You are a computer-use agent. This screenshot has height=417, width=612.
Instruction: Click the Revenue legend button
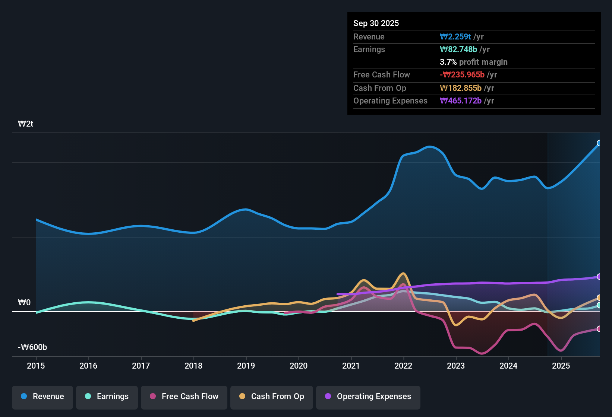[x=42, y=397]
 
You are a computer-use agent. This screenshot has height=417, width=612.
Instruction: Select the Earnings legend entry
[x=107, y=397]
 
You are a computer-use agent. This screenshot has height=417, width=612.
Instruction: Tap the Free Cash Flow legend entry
[x=184, y=397]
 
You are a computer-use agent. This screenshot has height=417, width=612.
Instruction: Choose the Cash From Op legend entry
[x=272, y=397]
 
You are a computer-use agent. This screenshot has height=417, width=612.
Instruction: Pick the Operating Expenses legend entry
[x=368, y=397]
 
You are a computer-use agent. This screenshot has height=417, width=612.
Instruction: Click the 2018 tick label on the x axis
[x=193, y=366]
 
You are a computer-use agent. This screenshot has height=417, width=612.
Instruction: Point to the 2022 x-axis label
[x=403, y=366]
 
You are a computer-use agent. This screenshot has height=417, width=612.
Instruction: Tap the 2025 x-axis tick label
[x=561, y=366]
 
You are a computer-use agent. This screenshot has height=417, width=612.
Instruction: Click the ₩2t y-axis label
[x=26, y=124]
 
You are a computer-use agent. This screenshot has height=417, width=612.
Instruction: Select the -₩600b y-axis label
[x=32, y=347]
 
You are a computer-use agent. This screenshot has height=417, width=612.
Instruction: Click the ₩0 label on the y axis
[x=24, y=303]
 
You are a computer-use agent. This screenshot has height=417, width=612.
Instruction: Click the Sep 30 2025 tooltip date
[x=376, y=23]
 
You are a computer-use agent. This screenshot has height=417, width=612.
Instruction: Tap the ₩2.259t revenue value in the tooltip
[x=455, y=36]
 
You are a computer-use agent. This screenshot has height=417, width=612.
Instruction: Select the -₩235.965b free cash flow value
[x=462, y=74]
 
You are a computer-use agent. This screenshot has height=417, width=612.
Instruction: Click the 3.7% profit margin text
[x=473, y=62]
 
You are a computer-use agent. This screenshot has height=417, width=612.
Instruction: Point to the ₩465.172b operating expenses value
[x=461, y=101]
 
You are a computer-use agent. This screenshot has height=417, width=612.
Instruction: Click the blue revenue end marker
[x=599, y=143]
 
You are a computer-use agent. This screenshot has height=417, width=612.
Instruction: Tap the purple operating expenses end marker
[x=599, y=277]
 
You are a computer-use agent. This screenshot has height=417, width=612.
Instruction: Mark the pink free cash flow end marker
[x=599, y=329]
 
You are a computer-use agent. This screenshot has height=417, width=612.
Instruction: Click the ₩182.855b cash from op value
[x=461, y=88]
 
